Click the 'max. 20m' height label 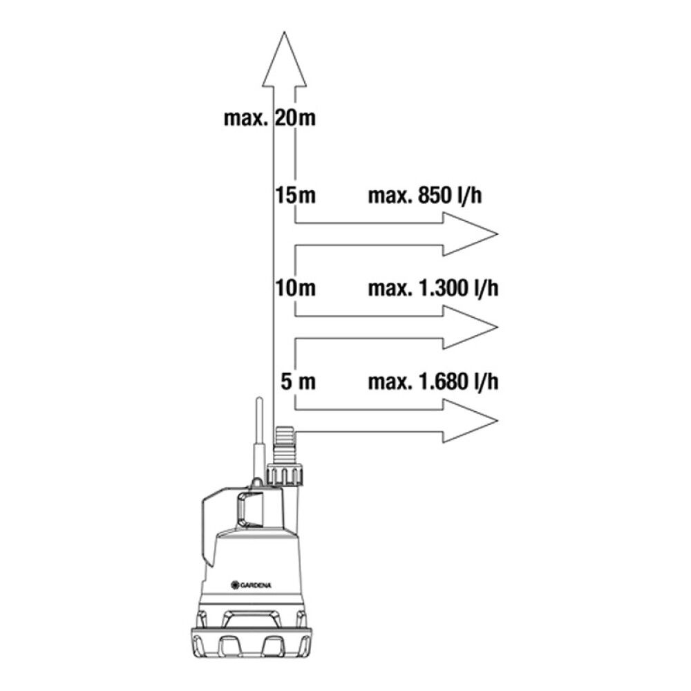pyautogui.click(x=269, y=119)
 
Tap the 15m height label pyautogui.click(x=295, y=196)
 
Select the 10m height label pyautogui.click(x=295, y=288)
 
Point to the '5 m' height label pyautogui.click(x=299, y=381)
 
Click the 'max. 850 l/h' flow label pyautogui.click(x=425, y=196)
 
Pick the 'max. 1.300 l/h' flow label pyautogui.click(x=433, y=288)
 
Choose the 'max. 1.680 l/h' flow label pyautogui.click(x=433, y=381)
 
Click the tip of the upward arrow pyautogui.click(x=285, y=32)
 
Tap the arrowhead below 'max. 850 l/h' pyautogui.click(x=470, y=234)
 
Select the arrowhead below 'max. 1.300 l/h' pyautogui.click(x=470, y=328)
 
